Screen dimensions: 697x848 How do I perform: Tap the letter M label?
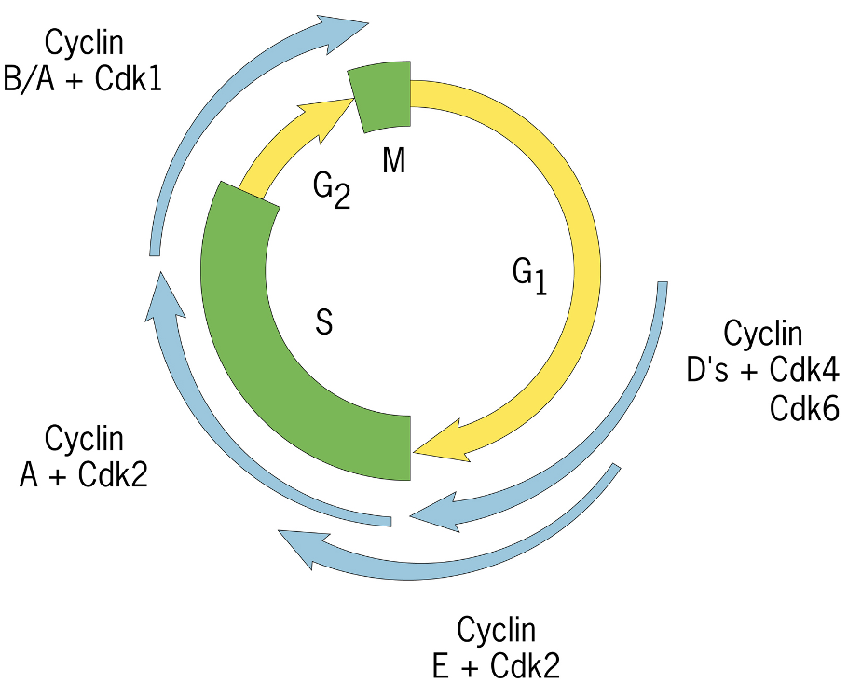pyautogui.click(x=394, y=161)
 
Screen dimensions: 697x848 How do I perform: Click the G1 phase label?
pyautogui.click(x=528, y=274)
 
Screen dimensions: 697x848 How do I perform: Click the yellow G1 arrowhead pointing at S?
pyautogui.click(x=438, y=449)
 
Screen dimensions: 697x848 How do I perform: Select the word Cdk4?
pyautogui.click(x=806, y=370)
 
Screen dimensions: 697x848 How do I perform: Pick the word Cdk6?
pyautogui.click(x=805, y=408)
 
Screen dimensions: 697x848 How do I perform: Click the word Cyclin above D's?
pyautogui.click(x=762, y=333)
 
